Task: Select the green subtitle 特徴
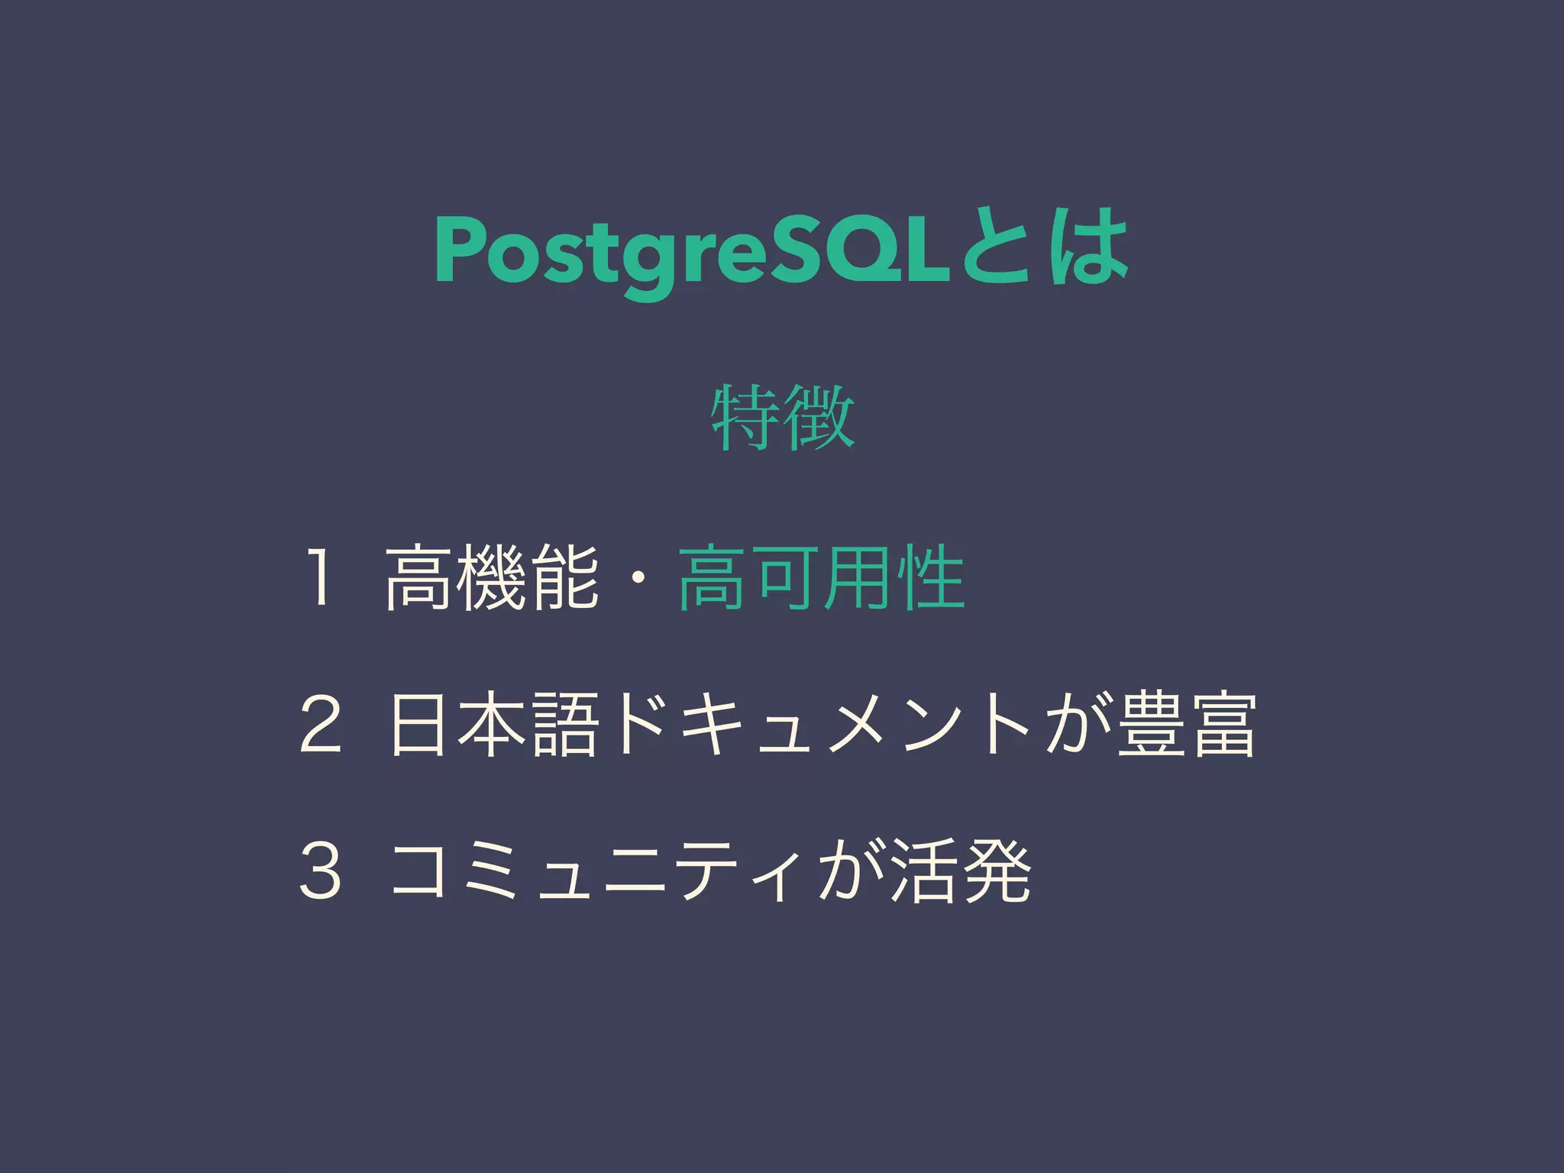pyautogui.click(x=782, y=418)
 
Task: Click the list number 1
pyautogui.click(x=319, y=578)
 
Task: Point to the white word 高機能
pyautogui.click(x=492, y=578)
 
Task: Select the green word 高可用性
pyautogui.click(x=821, y=578)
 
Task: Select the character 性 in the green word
pyautogui.click(x=931, y=578)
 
